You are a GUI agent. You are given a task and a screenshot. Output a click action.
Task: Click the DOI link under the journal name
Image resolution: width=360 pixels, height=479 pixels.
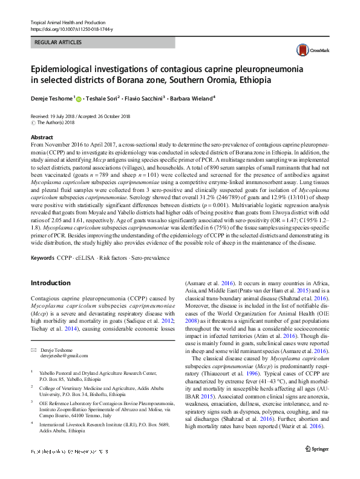pos(71,29)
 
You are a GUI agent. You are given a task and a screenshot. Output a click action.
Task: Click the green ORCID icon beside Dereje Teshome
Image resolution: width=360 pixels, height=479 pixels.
pos(79,98)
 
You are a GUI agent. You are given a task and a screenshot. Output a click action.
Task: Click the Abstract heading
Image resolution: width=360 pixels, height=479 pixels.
pos(42,138)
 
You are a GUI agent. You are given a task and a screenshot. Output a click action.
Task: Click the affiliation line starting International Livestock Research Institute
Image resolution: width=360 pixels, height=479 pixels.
pos(97,424)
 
